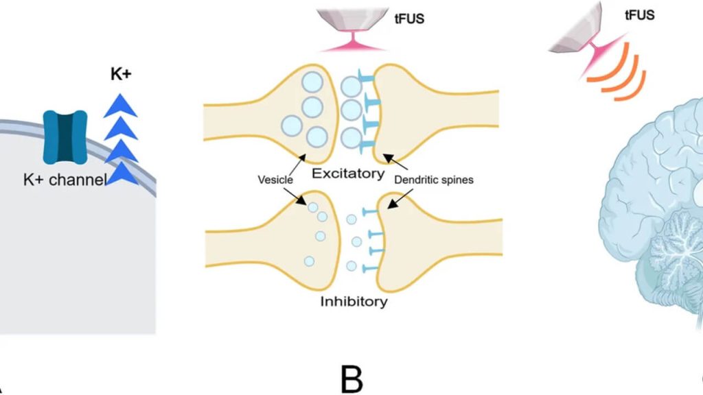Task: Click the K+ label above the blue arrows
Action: (x=121, y=75)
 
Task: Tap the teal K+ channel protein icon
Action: (x=65, y=137)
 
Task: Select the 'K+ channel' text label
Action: (x=65, y=180)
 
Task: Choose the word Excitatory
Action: (x=348, y=173)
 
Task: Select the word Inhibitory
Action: (x=354, y=301)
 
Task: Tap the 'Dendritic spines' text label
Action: (x=434, y=180)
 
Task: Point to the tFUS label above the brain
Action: (x=639, y=14)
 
